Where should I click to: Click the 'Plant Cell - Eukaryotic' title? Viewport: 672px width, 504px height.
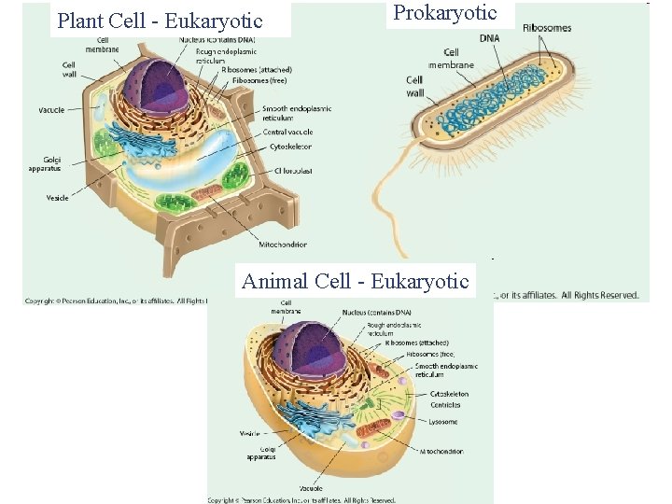click(x=160, y=20)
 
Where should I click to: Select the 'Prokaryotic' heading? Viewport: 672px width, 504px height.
click(x=445, y=13)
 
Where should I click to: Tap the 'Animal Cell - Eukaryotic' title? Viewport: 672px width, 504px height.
click(x=355, y=281)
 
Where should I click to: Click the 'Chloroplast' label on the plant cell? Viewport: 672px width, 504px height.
click(x=293, y=171)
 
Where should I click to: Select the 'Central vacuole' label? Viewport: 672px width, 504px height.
click(x=287, y=133)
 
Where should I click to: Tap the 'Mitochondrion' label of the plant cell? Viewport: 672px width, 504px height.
click(x=284, y=245)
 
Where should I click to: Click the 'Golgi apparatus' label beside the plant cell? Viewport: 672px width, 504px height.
click(x=45, y=163)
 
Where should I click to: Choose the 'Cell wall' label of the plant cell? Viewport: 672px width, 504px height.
click(x=69, y=69)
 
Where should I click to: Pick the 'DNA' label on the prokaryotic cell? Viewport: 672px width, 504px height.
click(x=489, y=38)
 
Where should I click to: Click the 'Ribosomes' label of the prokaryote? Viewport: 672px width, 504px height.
click(x=547, y=28)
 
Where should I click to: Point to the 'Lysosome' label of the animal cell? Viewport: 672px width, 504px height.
click(x=443, y=422)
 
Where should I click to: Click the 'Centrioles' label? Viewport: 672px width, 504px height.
click(x=446, y=405)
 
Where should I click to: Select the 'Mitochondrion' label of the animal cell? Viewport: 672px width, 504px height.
click(x=441, y=451)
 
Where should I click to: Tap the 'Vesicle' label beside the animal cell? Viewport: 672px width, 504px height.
click(x=249, y=433)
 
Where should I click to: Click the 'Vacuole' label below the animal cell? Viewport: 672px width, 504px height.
click(x=311, y=488)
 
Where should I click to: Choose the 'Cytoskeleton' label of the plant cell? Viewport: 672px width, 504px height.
click(x=290, y=147)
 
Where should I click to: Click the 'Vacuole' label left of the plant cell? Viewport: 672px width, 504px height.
click(x=51, y=110)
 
